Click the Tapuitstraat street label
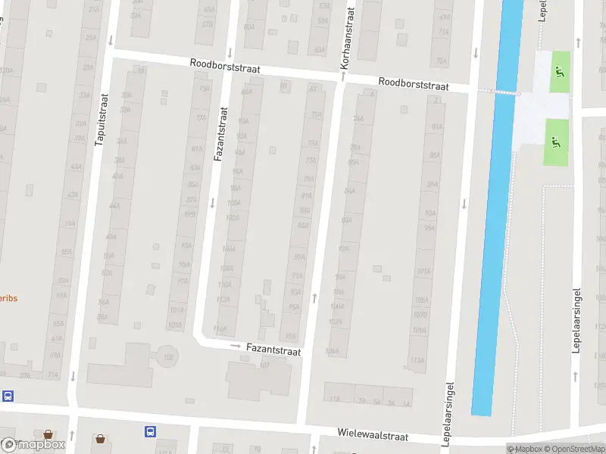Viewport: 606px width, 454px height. tap(98, 119)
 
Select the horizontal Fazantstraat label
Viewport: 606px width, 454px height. tap(274, 351)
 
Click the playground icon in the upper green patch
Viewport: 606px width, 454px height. tap(560, 73)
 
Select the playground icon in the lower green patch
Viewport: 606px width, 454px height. tap(556, 141)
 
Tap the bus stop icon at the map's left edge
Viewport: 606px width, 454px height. tap(8, 396)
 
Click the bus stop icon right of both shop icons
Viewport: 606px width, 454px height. tap(150, 432)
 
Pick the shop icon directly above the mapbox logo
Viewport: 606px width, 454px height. tap(48, 435)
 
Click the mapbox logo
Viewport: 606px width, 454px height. tap(33, 445)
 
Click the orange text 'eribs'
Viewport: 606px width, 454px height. tap(8, 298)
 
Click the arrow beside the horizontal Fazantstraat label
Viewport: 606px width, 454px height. tap(235, 346)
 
